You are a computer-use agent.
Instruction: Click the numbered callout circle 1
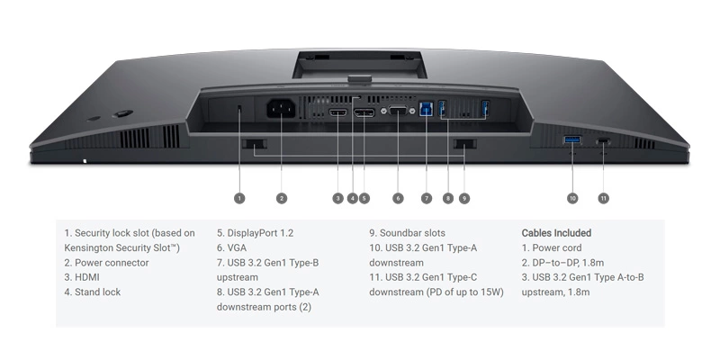(x=239, y=198)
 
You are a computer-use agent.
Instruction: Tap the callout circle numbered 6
(x=398, y=198)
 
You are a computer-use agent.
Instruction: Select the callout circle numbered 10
(x=572, y=198)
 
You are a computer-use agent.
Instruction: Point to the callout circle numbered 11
(x=603, y=198)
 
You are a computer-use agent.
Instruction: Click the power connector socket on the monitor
(x=282, y=110)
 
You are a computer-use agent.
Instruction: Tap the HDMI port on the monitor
(x=338, y=112)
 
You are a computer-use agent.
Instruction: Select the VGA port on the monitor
(x=398, y=111)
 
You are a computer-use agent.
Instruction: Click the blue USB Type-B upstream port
(x=426, y=109)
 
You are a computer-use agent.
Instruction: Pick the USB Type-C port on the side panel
(x=603, y=141)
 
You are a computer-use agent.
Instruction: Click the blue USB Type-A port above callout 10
(x=571, y=139)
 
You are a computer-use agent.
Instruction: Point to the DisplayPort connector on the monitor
(x=364, y=112)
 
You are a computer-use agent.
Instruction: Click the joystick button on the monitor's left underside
(x=123, y=113)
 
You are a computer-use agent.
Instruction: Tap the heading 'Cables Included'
(x=556, y=233)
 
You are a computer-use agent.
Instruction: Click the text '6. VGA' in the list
(x=231, y=248)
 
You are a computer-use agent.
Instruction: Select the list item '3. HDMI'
(x=82, y=277)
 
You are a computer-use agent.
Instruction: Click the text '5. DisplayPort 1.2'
(x=255, y=233)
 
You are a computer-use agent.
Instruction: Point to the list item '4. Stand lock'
(x=93, y=292)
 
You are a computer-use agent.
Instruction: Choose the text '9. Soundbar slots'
(x=408, y=233)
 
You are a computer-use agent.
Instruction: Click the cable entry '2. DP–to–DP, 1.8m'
(x=562, y=263)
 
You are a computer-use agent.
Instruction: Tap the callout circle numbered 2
(x=282, y=198)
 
